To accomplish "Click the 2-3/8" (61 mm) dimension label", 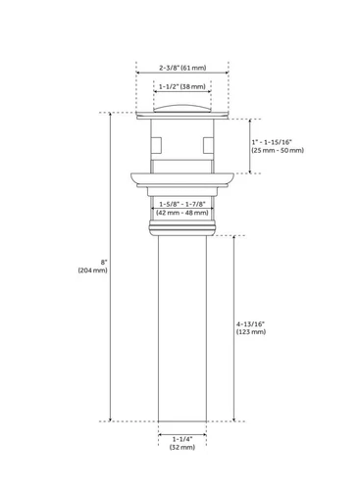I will click(x=181, y=68).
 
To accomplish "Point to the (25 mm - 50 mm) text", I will click(x=278, y=150).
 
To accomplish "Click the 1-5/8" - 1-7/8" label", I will click(x=181, y=202).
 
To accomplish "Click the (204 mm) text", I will click(x=92, y=270).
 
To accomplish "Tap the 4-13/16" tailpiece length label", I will click(x=253, y=322).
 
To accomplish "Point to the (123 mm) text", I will click(x=251, y=333).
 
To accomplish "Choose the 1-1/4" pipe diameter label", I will click(x=181, y=438).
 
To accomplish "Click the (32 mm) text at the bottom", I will click(x=181, y=448).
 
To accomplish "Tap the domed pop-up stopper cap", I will click(x=181, y=105).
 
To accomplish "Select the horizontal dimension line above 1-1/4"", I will click(x=181, y=429).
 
